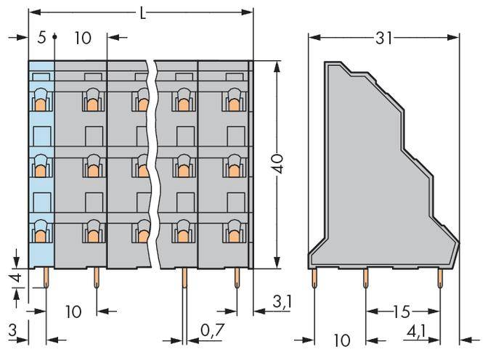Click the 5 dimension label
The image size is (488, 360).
coord(41,37)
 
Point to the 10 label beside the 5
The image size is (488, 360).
coord(82,37)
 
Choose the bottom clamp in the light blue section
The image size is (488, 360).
coord(41,234)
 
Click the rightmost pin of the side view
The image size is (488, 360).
coord(440,277)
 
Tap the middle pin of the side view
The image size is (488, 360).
coord(366,277)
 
